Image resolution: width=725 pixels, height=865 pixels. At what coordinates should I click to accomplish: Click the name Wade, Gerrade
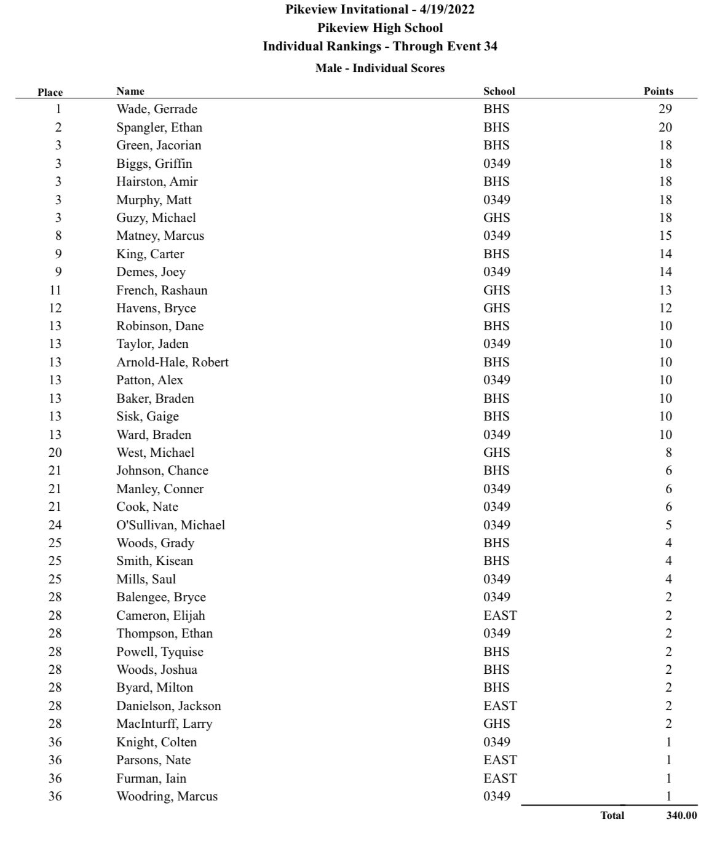point(157,109)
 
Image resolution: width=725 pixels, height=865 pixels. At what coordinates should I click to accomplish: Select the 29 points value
point(665,109)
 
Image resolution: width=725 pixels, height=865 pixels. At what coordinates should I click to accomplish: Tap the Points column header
point(658,91)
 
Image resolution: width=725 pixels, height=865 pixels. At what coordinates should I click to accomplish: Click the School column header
point(499,91)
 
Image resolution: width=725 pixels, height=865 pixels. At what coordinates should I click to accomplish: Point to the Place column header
point(50,92)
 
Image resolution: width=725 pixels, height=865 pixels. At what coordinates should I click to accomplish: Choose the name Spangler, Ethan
point(159,127)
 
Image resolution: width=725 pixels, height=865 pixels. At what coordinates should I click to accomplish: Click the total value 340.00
point(681,815)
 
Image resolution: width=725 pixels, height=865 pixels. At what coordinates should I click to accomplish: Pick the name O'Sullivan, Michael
point(170,525)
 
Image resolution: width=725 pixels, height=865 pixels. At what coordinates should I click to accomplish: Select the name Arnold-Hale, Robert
point(172,362)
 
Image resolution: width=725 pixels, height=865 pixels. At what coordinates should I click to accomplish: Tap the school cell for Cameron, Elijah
point(500,615)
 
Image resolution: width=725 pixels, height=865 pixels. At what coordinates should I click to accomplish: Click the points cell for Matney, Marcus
point(665,235)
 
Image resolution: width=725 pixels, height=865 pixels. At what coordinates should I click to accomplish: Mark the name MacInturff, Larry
point(164,724)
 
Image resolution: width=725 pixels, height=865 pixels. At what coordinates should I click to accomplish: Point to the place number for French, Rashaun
point(55,290)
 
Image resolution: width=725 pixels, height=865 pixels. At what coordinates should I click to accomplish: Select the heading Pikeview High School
point(380,28)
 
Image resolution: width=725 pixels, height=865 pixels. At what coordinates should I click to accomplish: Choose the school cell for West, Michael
point(496,452)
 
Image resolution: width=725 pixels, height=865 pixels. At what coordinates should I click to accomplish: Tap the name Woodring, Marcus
point(167,796)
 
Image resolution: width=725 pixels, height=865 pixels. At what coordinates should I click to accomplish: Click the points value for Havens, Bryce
point(665,308)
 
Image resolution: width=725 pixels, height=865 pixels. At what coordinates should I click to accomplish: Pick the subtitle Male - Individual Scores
point(380,68)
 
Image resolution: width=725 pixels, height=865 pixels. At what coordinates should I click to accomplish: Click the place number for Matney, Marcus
point(58,235)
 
